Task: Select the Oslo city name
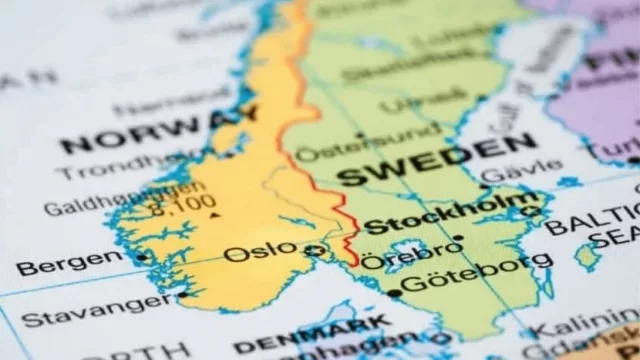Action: coord(260,251)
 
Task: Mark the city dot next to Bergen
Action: coord(142,257)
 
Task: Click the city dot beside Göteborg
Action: coord(395,293)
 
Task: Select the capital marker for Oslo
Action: coord(317,249)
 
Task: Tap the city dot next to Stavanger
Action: coord(181,294)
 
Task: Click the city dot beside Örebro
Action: coord(458,238)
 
